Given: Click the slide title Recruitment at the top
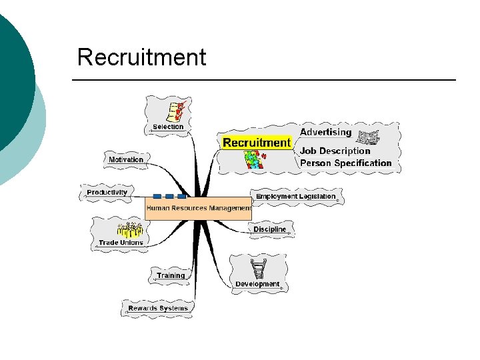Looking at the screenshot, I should point(141,57).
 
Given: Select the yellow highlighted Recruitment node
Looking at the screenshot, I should point(257,143).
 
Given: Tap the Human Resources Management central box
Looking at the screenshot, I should point(198,208).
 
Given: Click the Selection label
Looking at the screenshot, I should point(168,127).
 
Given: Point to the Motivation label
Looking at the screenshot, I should point(126,159).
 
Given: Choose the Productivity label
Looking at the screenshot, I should point(107,193).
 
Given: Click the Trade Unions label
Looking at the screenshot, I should point(121,243).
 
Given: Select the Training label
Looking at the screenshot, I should point(171,275).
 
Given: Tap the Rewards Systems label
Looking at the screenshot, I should point(158,308).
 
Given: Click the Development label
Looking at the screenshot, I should point(257,284).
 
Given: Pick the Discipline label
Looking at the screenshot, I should point(269,229).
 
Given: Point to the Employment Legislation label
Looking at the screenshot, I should point(295,197).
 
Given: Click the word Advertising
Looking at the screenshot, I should point(325,132).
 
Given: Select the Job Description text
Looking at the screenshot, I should point(335,151).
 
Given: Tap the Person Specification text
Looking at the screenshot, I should point(345,163).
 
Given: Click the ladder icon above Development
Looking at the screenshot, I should point(259,268).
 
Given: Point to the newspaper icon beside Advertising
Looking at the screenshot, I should point(367,137).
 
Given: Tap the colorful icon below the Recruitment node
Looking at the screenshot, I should point(254,159).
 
